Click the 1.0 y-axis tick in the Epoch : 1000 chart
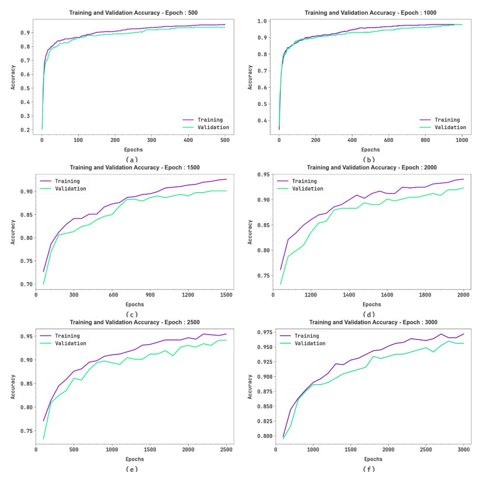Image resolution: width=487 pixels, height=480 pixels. click(263, 22)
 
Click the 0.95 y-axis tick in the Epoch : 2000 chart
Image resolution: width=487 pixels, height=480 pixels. click(263, 175)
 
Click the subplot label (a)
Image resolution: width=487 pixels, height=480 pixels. click(131, 159)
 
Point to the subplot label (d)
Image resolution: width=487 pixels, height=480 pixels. click(368, 314)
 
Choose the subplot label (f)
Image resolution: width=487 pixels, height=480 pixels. click(368, 468)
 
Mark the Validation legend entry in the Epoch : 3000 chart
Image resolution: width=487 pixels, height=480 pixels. click(309, 343)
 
